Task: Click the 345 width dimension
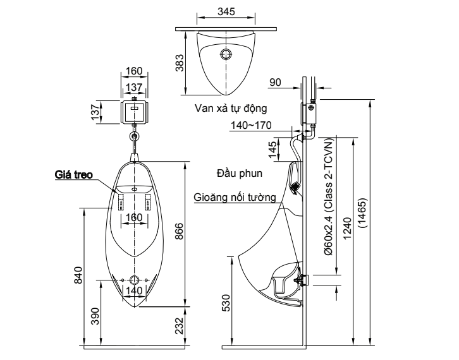(226, 11)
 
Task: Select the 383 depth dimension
(181, 62)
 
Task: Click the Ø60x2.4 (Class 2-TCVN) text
(327, 202)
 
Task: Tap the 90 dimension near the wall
(274, 81)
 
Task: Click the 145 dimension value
(273, 151)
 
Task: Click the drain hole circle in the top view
(226, 54)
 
